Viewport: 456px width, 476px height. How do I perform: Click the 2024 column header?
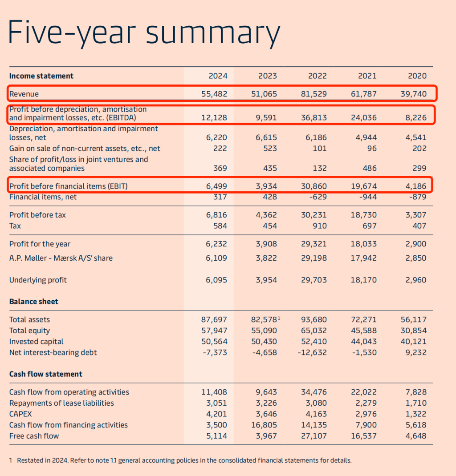point(218,76)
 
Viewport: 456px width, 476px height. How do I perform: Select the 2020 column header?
point(417,76)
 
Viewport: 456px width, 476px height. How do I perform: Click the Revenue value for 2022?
point(314,94)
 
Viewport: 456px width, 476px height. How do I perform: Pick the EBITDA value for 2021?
point(364,118)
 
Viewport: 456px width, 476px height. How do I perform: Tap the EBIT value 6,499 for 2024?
point(216,186)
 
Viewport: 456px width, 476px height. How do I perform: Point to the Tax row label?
point(15,226)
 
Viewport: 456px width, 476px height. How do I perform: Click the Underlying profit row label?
point(38,280)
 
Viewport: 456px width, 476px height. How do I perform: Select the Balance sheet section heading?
point(34,302)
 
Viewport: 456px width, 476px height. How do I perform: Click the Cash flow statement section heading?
point(46,374)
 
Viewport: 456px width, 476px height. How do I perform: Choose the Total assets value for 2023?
point(266,320)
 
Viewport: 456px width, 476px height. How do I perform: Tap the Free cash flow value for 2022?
point(314,436)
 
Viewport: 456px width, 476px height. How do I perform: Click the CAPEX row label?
point(20,414)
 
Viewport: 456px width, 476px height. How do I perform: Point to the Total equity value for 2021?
point(364,331)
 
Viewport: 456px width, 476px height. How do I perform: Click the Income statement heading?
point(41,76)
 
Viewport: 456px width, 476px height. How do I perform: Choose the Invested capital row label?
point(37,342)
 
